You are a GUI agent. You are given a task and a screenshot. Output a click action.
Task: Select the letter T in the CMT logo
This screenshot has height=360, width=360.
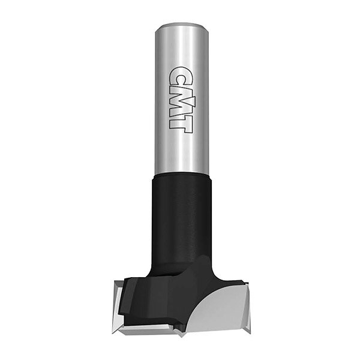[181, 125]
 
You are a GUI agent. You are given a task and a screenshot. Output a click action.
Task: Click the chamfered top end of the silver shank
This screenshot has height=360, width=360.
[182, 25]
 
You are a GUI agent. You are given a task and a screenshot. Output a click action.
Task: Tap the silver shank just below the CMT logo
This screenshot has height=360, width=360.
[182, 152]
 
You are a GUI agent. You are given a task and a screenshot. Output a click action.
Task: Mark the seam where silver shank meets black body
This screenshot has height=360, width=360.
[182, 174]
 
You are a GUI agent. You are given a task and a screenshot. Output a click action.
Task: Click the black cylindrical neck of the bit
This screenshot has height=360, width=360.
[182, 218]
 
